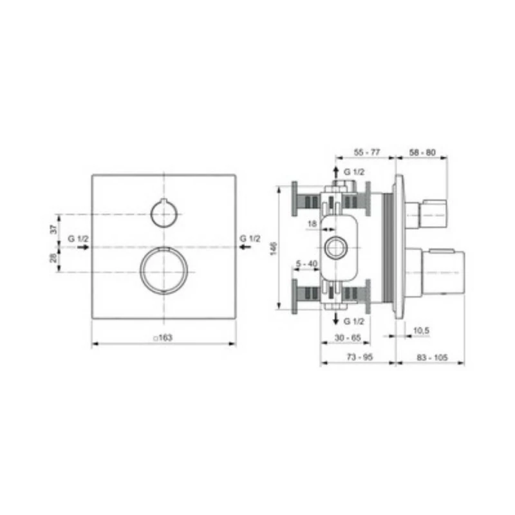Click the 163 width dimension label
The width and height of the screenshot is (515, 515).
click(x=164, y=337)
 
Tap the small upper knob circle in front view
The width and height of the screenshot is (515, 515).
click(x=164, y=214)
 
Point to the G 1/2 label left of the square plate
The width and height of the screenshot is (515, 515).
click(x=77, y=239)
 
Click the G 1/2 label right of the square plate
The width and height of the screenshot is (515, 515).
click(x=250, y=239)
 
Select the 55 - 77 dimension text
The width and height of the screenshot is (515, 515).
click(x=368, y=153)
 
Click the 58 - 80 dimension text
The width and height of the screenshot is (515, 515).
click(x=422, y=153)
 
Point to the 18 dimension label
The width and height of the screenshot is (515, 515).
click(x=312, y=223)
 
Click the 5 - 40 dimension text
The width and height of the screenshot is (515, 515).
click(x=306, y=263)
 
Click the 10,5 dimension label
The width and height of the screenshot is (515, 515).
click(x=421, y=330)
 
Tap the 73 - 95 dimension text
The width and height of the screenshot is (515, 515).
click(x=358, y=357)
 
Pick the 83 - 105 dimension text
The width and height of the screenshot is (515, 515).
click(x=429, y=357)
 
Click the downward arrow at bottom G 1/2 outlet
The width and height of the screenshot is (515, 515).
click(x=335, y=319)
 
